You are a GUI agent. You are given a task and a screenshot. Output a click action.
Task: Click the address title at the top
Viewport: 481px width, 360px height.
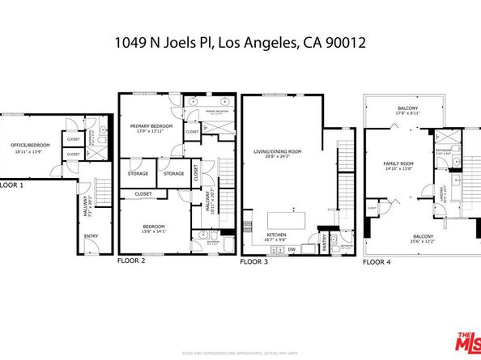(x=240, y=41)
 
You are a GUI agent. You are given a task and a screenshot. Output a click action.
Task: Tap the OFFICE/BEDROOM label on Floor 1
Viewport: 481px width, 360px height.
(x=30, y=146)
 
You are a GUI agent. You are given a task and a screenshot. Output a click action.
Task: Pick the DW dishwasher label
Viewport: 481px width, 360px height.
(x=291, y=249)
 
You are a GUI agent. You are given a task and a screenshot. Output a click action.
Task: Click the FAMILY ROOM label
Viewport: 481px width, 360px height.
(x=398, y=165)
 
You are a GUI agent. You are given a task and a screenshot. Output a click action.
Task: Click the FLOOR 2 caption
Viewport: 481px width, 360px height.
(x=131, y=261)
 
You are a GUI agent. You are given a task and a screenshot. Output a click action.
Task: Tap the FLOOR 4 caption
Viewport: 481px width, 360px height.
(x=376, y=262)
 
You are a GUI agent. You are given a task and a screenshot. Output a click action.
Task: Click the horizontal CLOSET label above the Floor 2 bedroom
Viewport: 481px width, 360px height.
(x=143, y=194)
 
